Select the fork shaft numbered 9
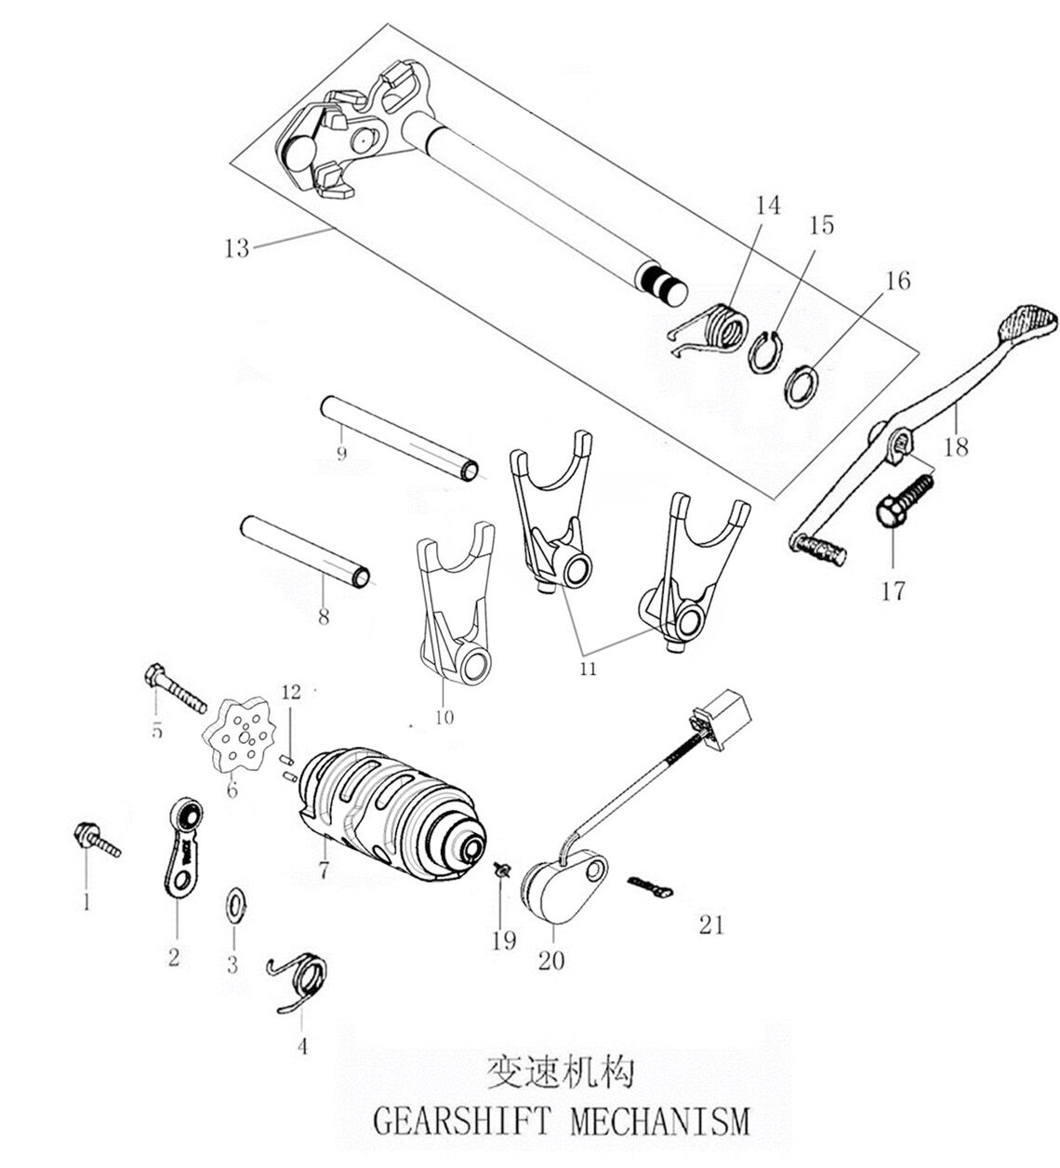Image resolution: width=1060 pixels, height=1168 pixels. [401, 434]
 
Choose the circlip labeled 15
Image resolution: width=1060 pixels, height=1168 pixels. [764, 352]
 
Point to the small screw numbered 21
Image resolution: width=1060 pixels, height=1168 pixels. [649, 885]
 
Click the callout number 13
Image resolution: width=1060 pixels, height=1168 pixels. [237, 248]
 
